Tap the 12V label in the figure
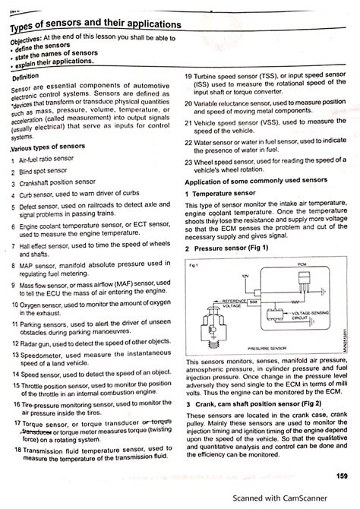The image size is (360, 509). pos(245,275)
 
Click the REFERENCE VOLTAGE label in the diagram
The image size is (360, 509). pos(238,302)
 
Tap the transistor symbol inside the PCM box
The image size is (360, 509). pos(302,282)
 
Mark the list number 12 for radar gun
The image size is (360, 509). pos(14,343)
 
